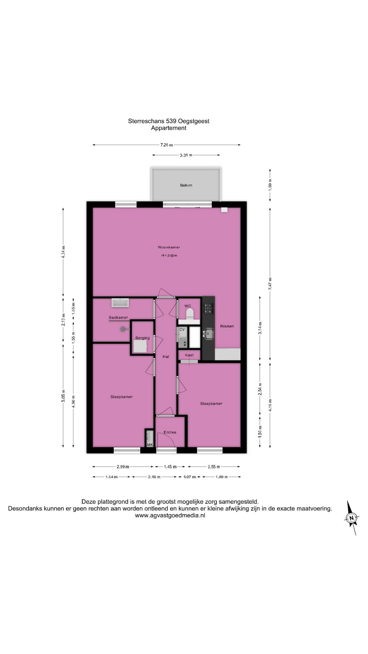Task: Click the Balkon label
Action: [186, 185]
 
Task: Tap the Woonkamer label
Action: [169, 247]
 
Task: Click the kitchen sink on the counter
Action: [208, 334]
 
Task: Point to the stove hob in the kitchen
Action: [208, 309]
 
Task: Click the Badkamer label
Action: [118, 317]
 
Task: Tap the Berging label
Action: [142, 338]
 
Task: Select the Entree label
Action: [170, 432]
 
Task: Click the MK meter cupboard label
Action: [150, 445]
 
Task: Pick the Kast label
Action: [189, 355]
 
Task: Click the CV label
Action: [182, 329]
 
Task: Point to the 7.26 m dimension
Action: [167, 145]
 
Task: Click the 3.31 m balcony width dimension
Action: [186, 155]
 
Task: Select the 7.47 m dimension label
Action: [270, 284]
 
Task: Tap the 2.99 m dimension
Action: [123, 467]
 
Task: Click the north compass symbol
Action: [351, 518]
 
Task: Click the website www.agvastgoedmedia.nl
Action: [170, 515]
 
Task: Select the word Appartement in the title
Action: [169, 128]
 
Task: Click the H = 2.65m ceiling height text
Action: [169, 255]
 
